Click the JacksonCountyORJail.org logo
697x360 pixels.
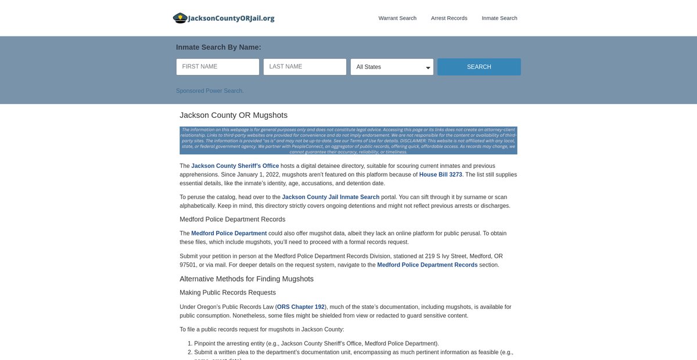tap(224, 18)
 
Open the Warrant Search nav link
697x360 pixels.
tap(397, 18)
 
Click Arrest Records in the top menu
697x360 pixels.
tap(449, 18)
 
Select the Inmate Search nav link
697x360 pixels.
tap(500, 18)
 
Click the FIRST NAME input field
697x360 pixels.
tap(218, 67)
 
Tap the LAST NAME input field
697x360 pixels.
tap(305, 67)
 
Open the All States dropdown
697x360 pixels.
tap(392, 67)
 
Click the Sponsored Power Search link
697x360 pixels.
tap(210, 91)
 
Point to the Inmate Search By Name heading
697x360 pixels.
tap(218, 47)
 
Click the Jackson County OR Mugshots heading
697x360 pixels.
tap(233, 115)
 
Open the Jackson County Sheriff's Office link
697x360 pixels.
tap(235, 166)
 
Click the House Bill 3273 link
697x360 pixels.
tap(441, 175)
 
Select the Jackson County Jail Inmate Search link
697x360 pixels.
tap(330, 197)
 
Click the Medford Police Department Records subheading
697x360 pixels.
tap(232, 219)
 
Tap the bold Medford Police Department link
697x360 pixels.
tap(229, 233)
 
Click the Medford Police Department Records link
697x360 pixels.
tap(427, 265)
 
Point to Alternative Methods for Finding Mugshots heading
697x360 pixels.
tap(246, 279)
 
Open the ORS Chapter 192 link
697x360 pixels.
tap(301, 307)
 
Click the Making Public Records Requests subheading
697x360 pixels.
tap(228, 293)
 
